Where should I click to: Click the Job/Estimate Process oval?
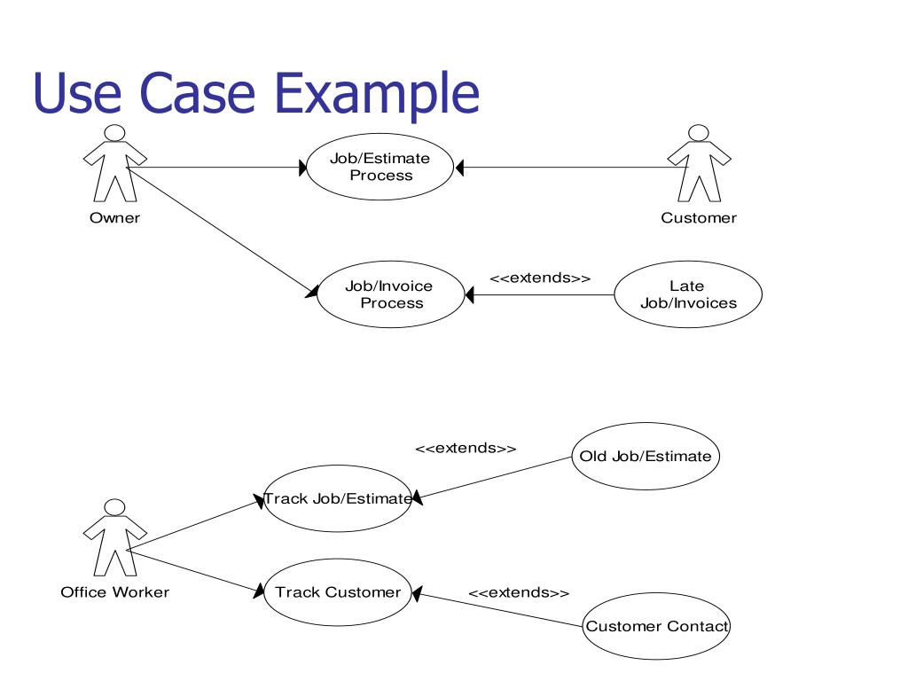point(380,167)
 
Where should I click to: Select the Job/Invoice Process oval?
point(390,294)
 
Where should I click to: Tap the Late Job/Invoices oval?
point(688,294)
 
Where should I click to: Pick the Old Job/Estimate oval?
point(646,457)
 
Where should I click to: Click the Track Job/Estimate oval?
point(338,498)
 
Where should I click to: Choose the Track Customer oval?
point(338,591)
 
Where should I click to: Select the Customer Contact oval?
point(656,626)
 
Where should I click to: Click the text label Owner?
point(114,218)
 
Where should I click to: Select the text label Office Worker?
point(114,592)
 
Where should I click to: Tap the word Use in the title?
point(70,94)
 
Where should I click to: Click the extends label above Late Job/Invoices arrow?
point(540,278)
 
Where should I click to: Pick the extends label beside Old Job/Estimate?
point(466,449)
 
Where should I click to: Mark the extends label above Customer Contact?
point(519,592)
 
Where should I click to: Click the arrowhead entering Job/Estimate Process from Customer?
point(459,167)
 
